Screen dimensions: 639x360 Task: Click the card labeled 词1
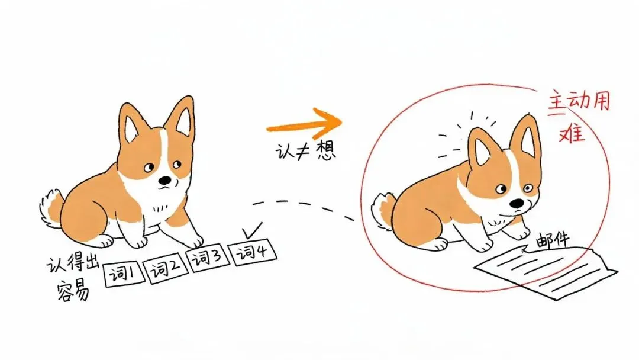pos(124,274)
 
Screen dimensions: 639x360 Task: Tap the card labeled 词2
pos(166,269)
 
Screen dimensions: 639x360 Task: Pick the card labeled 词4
pos(253,253)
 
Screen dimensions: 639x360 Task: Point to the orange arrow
pos(304,124)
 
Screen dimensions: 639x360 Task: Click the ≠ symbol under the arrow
pos(303,152)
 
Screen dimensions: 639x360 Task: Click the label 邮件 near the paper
pos(552,241)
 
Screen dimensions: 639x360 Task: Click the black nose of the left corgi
pos(165,180)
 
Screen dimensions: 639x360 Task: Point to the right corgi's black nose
pos(517,203)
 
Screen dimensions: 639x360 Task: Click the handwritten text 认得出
pos(73,263)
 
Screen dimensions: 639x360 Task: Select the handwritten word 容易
pos(73,290)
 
